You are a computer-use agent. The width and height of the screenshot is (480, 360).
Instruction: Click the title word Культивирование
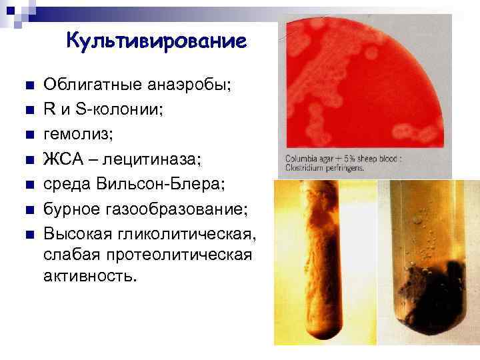click(x=156, y=41)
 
